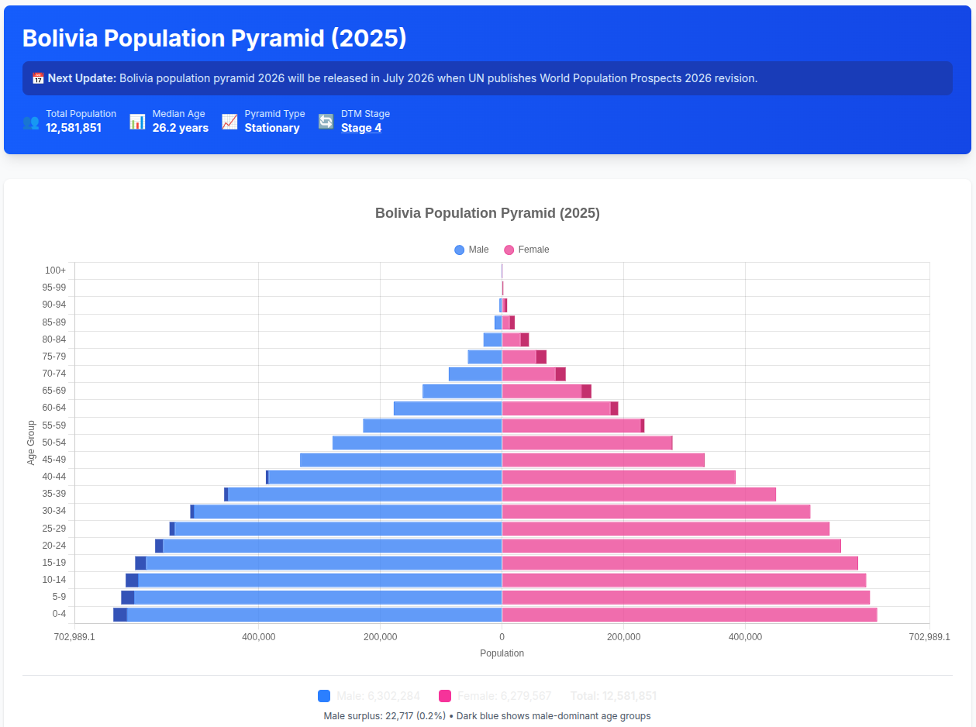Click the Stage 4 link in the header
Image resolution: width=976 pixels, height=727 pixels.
click(x=360, y=128)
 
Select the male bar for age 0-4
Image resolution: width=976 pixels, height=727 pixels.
click(x=310, y=615)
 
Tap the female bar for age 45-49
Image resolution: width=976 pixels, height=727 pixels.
click(x=603, y=460)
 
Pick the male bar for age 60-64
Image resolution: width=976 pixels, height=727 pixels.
click(x=448, y=408)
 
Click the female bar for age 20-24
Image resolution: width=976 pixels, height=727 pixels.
click(x=671, y=546)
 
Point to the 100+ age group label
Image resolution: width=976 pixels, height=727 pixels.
click(x=56, y=270)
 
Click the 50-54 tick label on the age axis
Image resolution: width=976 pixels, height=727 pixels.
click(x=54, y=443)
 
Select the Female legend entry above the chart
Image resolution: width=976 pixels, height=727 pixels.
click(x=527, y=250)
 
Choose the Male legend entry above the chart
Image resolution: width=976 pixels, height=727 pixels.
click(x=472, y=250)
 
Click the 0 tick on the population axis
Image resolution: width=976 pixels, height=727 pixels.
click(x=502, y=637)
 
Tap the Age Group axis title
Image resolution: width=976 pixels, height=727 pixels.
click(x=32, y=443)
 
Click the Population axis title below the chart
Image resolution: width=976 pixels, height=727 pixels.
click(x=502, y=653)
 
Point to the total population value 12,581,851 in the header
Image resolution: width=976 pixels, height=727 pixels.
click(x=74, y=128)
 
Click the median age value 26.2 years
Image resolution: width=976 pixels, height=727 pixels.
click(x=180, y=128)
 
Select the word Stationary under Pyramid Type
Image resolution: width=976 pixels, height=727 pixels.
click(x=272, y=128)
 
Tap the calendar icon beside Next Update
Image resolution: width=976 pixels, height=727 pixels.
click(x=38, y=78)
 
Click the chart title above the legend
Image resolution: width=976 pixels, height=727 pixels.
click(x=487, y=213)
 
